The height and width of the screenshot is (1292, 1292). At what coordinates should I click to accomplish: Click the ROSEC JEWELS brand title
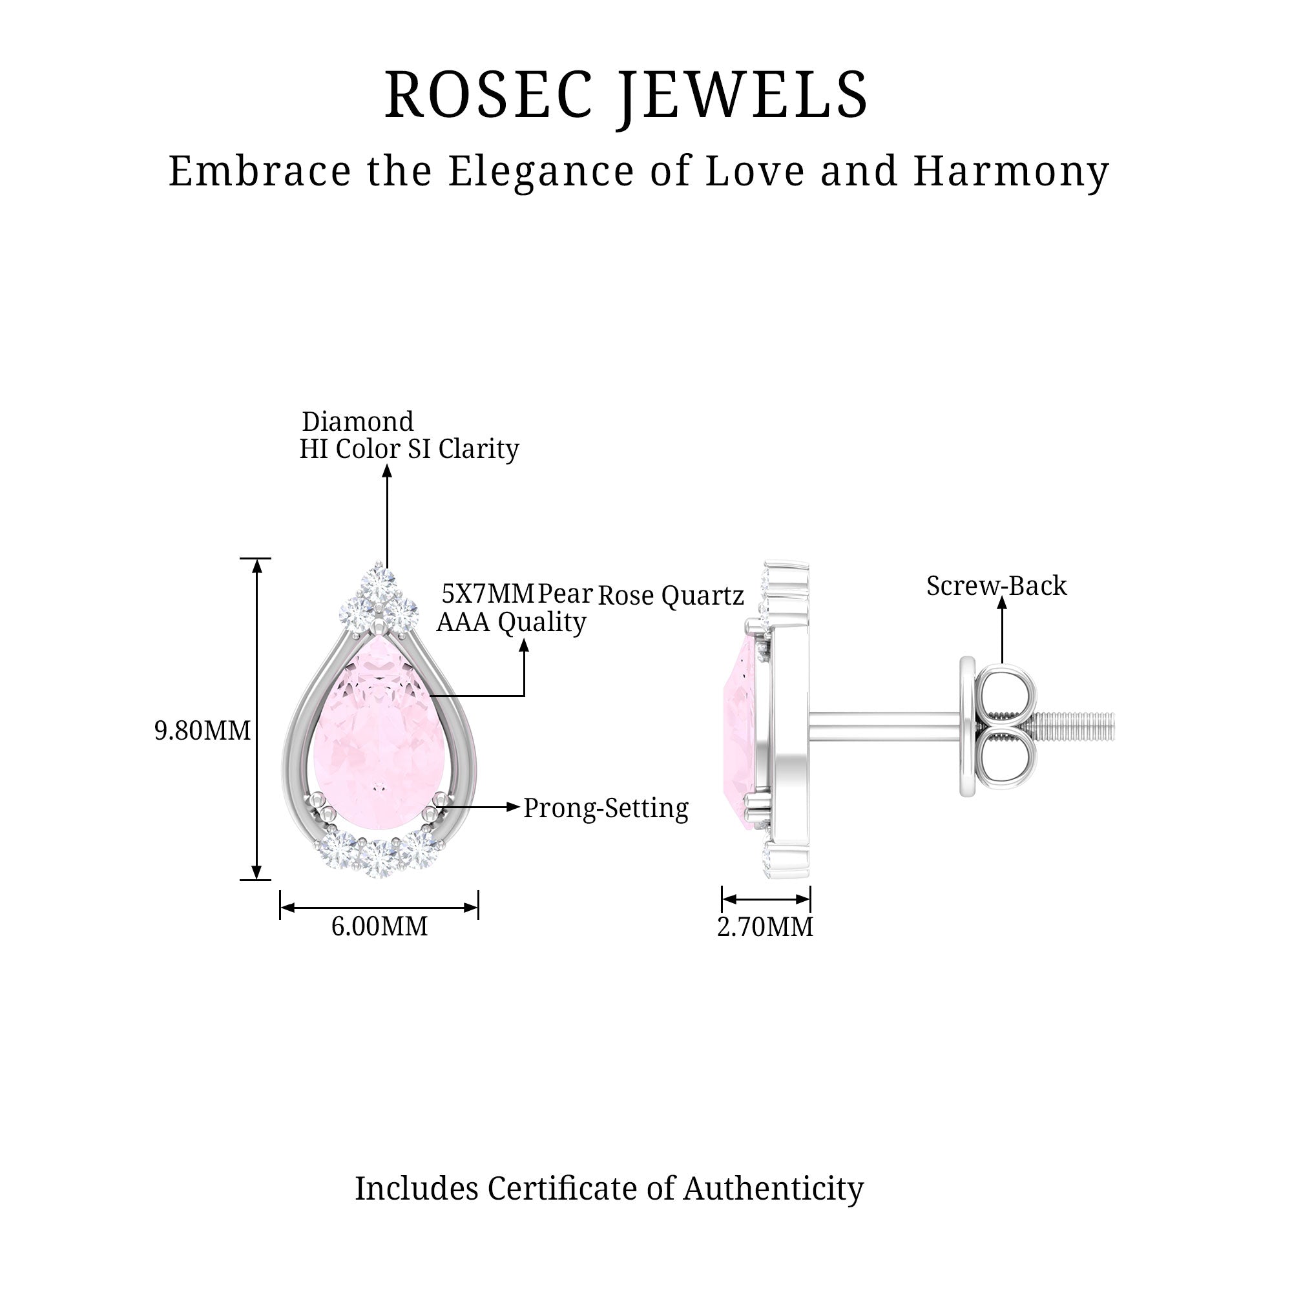coord(626,95)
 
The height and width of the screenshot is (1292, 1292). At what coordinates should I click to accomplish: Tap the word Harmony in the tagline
coord(1011,171)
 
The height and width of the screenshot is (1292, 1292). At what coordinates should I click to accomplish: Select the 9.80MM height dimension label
coord(202,731)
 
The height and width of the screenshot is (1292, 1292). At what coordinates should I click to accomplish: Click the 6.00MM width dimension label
coord(379,926)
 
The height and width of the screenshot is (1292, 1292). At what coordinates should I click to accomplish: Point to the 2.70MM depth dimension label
coord(765,927)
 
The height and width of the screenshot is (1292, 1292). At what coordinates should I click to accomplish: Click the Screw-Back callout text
coord(995,586)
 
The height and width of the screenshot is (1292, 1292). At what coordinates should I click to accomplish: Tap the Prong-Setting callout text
coord(605,808)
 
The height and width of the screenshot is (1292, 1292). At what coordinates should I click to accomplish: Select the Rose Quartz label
coord(670,594)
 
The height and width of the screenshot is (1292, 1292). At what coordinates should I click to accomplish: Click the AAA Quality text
coord(511,622)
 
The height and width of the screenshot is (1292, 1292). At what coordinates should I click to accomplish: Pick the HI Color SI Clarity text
coord(409,449)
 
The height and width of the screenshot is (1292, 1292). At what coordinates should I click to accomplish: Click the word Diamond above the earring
coord(358,421)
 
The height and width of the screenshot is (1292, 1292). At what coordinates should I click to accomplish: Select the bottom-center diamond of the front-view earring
coord(379,857)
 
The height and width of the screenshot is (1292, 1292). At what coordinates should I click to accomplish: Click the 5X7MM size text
coord(488,593)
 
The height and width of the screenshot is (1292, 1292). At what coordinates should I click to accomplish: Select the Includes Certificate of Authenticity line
coord(609,1189)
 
